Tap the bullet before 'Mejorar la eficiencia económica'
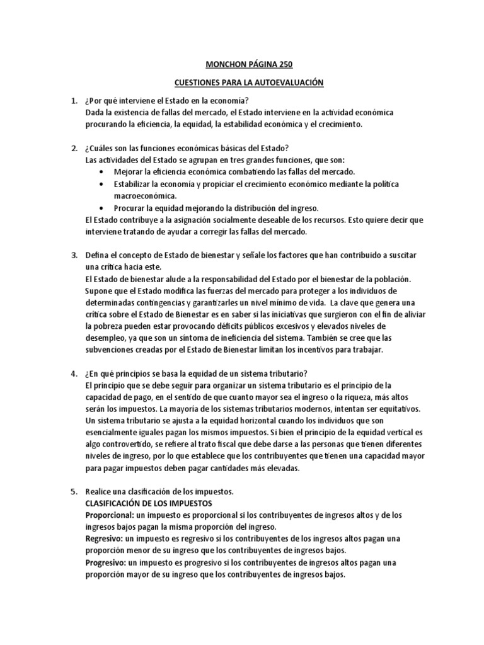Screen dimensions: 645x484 [x=103, y=172]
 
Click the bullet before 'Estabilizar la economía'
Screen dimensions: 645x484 [x=103, y=184]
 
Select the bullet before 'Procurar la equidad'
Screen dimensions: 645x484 [x=103, y=208]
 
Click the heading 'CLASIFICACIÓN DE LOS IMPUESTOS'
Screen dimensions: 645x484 [x=149, y=503]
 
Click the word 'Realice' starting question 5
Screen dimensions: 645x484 [x=98, y=491]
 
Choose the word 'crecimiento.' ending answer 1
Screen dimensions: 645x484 [x=341, y=124]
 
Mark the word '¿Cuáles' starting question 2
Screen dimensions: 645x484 [x=98, y=148]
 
